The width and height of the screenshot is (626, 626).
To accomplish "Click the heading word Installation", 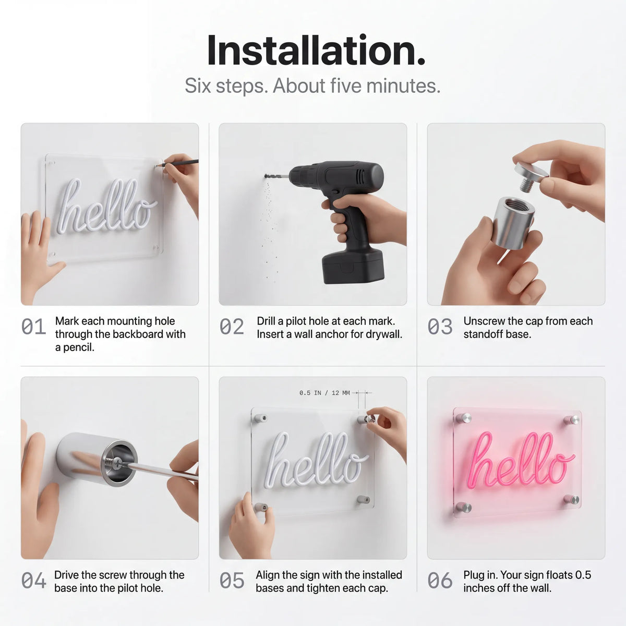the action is (x=316, y=51).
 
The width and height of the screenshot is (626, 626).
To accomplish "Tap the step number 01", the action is (x=33, y=327).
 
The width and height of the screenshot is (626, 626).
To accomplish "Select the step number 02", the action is (x=232, y=327).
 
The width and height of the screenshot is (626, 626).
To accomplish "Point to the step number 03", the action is (x=440, y=327).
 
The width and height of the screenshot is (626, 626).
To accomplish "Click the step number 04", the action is (x=33, y=581).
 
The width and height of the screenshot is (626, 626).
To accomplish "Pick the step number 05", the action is (x=232, y=581).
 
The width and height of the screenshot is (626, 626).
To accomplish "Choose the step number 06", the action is (x=440, y=581).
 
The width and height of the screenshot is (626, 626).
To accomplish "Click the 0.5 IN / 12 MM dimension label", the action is (x=324, y=393).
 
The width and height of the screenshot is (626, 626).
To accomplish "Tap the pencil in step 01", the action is (x=177, y=163).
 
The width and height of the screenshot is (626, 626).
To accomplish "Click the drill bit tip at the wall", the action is (x=266, y=176).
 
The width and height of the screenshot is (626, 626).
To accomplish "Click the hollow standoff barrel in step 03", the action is (x=513, y=223).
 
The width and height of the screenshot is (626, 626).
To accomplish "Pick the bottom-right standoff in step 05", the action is (x=364, y=499).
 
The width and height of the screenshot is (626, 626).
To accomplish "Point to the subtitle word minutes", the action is (x=403, y=86).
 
